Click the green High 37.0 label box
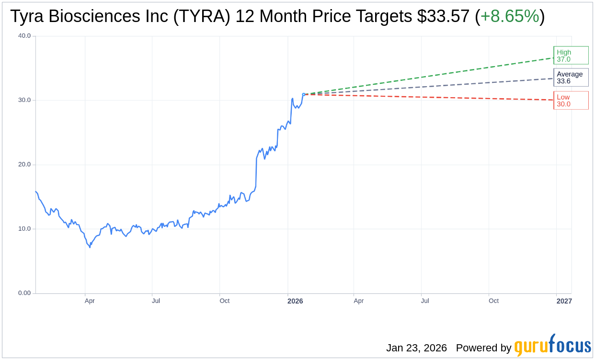pos(571,56)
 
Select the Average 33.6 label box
pos(571,78)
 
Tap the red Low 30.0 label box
pos(571,101)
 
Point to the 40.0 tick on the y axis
pos(24,35)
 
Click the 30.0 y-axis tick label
pos(24,100)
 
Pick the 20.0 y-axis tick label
pos(24,164)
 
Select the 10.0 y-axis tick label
pos(24,228)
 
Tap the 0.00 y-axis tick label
pos(24,293)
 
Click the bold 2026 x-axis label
pos(295,301)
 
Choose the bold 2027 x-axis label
pos(564,301)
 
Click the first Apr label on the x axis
pos(90,301)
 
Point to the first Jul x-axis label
pos(156,301)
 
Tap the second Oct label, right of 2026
pos(493,301)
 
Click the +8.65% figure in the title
pos(510,16)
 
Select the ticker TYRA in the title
pos(202,16)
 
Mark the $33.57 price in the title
pos(443,16)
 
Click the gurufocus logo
pos(552,346)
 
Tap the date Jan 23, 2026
pos(416,348)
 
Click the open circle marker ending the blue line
pos(304,94)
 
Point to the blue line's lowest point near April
pos(90,247)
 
